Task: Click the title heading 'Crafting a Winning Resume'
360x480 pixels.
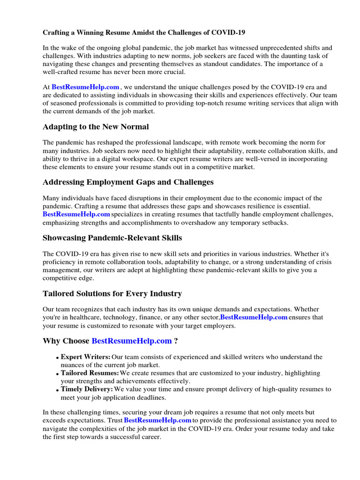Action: click(144, 33)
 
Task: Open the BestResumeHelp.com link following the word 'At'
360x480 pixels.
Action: click(85, 87)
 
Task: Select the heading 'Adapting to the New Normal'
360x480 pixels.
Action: click(96, 127)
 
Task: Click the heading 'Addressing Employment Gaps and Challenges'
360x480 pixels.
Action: click(128, 182)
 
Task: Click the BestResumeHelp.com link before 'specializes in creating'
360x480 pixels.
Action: click(76, 214)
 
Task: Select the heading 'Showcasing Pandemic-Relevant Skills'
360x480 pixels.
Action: click(112, 238)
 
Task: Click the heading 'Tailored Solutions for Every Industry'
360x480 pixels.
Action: click(112, 294)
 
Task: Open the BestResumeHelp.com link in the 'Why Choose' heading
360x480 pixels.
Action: click(132, 341)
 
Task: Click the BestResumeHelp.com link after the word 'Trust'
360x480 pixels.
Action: click(157, 420)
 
